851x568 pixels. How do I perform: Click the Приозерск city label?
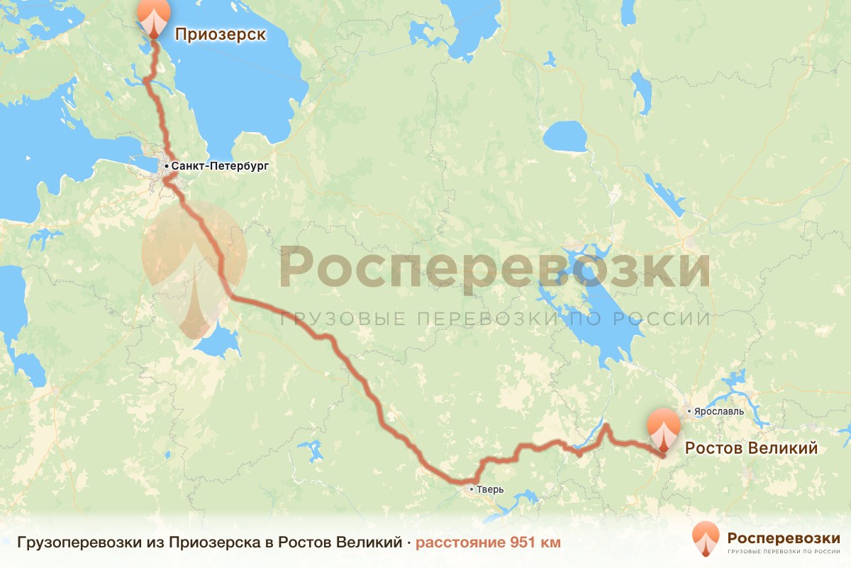220,34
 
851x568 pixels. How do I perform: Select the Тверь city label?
491,490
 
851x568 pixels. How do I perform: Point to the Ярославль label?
720,411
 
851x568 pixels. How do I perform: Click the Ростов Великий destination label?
750,449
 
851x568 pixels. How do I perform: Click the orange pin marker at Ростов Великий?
664,428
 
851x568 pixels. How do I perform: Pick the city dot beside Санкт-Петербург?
166,166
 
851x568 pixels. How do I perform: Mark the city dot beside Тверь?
472,489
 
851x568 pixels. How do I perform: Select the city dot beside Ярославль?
689,410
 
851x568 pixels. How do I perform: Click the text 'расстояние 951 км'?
488,543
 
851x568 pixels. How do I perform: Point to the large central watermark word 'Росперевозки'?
494,267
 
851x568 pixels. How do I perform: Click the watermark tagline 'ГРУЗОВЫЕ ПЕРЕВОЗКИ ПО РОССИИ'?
494,319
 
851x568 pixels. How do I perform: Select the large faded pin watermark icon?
194,270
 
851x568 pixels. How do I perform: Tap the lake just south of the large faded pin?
218,343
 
